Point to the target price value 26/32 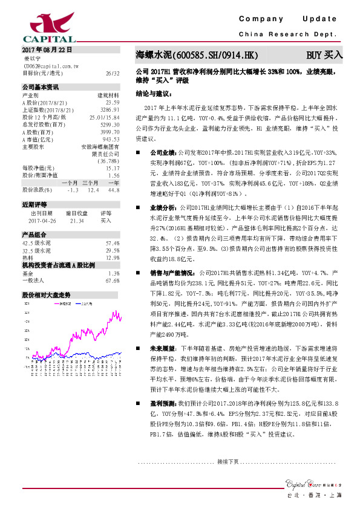pyautogui.click(x=112, y=73)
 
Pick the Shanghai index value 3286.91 pyautogui.click(x=110, y=110)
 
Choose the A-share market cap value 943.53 pyautogui.click(x=112, y=138)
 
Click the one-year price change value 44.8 pyautogui.click(x=113, y=190)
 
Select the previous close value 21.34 pyautogui.click(x=77, y=221)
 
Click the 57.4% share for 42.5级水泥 pyautogui.click(x=112, y=242)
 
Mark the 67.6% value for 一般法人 pyautogui.click(x=112, y=280)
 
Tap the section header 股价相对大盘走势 pyautogui.click(x=46, y=294)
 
